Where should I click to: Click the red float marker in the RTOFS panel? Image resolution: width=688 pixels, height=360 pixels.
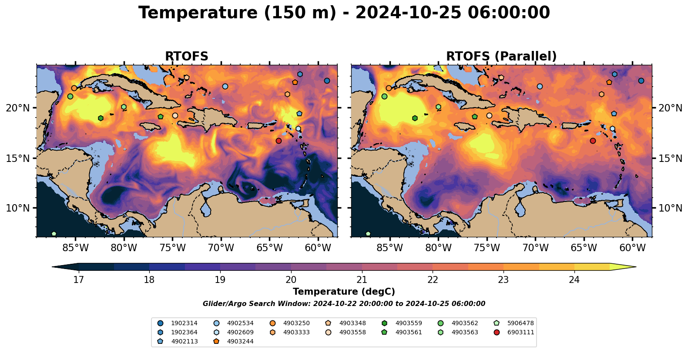279,141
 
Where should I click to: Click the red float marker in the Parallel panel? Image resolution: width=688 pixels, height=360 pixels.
593,141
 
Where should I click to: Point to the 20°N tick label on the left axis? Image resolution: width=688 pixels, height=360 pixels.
18,108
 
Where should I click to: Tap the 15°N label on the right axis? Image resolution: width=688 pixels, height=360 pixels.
671,158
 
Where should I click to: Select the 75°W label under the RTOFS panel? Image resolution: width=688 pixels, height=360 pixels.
173,248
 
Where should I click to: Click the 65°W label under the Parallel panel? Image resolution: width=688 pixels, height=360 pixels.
584,248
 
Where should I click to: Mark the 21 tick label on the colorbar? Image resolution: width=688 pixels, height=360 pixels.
362,280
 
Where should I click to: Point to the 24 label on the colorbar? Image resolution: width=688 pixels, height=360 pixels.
574,280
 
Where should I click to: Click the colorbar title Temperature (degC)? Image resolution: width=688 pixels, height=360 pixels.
344,292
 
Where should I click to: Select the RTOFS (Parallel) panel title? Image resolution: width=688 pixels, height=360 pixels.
501,56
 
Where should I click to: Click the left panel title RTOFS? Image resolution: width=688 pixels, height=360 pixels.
187,56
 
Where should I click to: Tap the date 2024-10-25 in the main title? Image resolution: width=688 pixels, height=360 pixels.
409,13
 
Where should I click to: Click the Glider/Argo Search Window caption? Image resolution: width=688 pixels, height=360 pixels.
344,304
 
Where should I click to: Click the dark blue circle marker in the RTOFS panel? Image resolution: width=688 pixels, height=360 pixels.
327,81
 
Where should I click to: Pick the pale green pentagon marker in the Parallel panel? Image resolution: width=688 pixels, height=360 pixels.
368,234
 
